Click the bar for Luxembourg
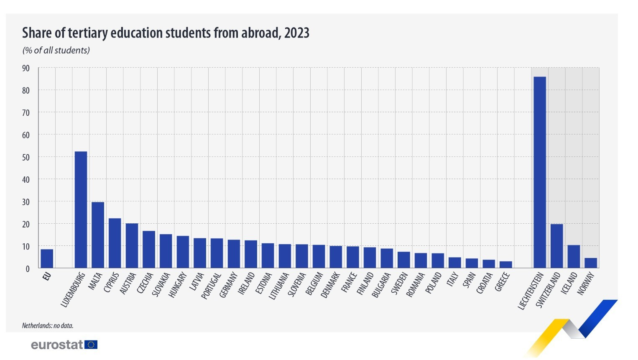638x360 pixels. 81,209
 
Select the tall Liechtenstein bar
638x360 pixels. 540,172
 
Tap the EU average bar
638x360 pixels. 47,259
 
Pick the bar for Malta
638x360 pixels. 98,235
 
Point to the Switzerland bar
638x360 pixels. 557,246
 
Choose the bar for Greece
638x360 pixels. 506,265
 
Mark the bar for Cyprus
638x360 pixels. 115,243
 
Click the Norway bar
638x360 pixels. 591,263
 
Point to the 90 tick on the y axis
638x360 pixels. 26,68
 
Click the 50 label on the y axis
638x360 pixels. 26,157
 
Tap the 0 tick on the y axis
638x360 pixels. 28,269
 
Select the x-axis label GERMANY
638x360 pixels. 228,285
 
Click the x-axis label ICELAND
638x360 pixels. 569,283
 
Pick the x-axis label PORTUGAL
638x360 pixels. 211,286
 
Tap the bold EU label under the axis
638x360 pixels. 47,276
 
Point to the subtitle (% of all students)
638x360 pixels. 56,51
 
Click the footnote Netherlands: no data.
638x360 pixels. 48,326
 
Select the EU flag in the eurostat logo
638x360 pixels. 91,345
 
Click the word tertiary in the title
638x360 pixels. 88,33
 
